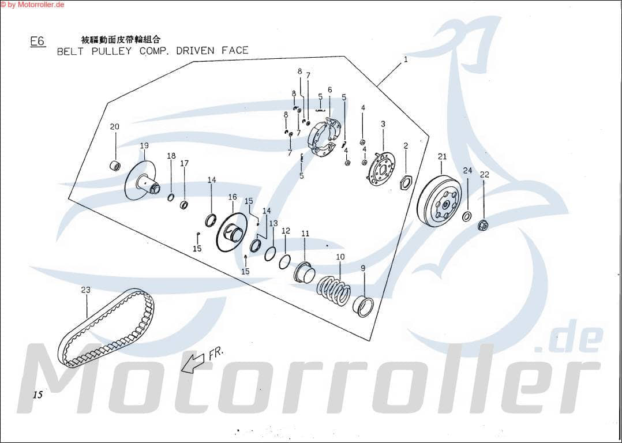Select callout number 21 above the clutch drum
442,156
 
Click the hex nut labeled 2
406,183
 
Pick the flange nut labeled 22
484,224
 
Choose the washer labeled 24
467,217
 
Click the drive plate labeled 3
381,168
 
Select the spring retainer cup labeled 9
363,306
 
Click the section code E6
38,42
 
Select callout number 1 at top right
406,59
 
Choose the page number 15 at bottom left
38,395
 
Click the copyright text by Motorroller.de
32,5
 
